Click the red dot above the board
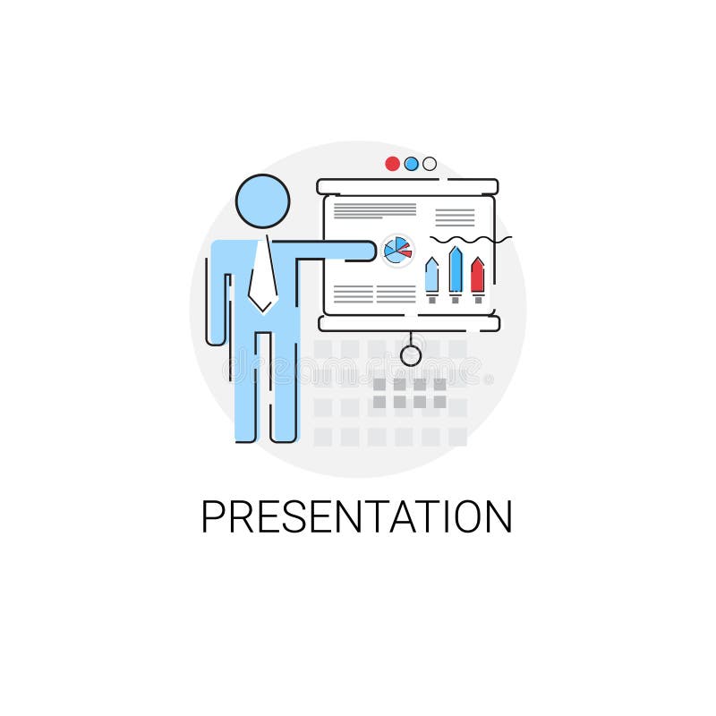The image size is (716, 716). pos(392,164)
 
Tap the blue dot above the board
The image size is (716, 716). pos(411,164)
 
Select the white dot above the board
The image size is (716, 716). pos(430,164)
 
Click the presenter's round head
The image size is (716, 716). pos(263,201)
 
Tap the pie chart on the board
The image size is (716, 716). pos(396,250)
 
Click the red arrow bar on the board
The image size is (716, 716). pos(477,276)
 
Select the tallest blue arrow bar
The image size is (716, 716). pos(455,270)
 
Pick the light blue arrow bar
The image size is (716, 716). pos(431,276)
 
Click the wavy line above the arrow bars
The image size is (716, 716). pos(470,240)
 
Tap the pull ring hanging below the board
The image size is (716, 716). pos(411,354)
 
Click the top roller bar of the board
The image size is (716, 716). pos(407,186)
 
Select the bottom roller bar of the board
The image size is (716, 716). pos(407,323)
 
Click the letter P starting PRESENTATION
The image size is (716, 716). pos(213,517)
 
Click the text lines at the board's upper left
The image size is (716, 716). pos(374,210)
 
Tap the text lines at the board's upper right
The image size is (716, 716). pos(455,217)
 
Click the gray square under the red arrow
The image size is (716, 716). pos(478,300)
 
